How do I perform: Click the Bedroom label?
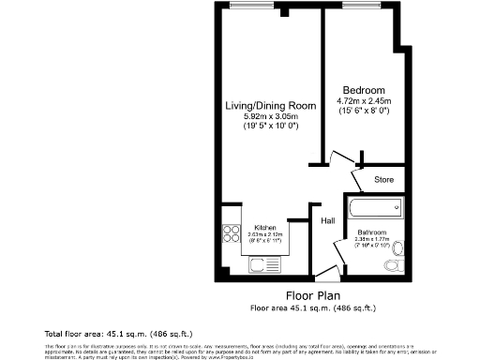pyautogui.click(x=361, y=90)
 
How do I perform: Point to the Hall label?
pyautogui.click(x=329, y=221)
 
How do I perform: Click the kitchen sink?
pyautogui.click(x=260, y=265)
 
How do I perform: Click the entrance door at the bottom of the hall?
pyautogui.click(x=326, y=274)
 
